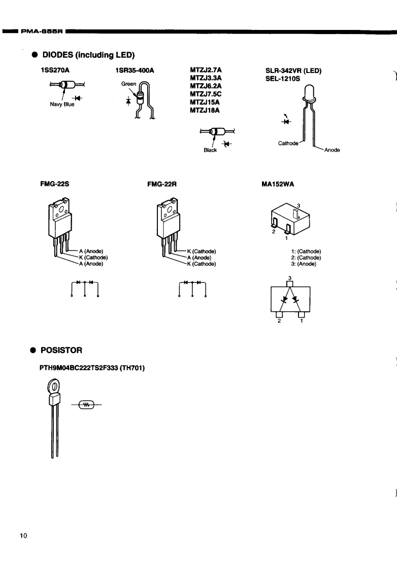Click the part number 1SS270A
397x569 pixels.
click(54, 72)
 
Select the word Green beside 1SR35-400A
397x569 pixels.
click(127, 85)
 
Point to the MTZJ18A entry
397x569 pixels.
click(203, 110)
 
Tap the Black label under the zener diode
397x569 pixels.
click(210, 150)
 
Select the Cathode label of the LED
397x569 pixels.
click(288, 143)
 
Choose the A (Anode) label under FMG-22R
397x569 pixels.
click(198, 257)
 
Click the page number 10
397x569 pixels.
click(23, 536)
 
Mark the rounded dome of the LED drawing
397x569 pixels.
click(308, 92)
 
